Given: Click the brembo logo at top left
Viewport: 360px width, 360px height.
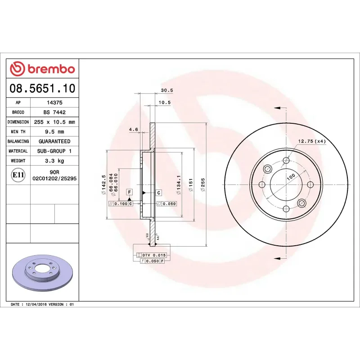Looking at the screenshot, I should coord(42,69).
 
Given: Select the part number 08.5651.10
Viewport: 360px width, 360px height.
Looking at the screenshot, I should coord(42,88).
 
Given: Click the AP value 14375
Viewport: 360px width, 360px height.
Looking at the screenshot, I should coord(54,103).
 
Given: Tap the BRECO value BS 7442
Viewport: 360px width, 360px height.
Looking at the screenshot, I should coord(54,112).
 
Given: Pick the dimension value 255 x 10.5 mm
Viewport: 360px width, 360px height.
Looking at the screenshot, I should coord(54,122).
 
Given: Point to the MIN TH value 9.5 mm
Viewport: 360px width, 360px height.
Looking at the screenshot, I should coord(54,132).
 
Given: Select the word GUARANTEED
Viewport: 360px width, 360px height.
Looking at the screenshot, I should coord(54,141).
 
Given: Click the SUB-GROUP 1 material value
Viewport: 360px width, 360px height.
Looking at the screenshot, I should coord(54,151).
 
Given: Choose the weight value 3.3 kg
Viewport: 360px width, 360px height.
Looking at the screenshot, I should coord(54,161).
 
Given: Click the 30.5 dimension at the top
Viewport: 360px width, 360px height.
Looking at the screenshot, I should coord(167,90).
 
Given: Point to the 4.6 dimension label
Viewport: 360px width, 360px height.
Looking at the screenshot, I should coord(133,130).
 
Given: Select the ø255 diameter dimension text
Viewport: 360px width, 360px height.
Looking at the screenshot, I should coord(203,185).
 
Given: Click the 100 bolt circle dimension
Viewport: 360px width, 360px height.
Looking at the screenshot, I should coord(290,177).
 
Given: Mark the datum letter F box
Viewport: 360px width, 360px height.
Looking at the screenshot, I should coord(129,192).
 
